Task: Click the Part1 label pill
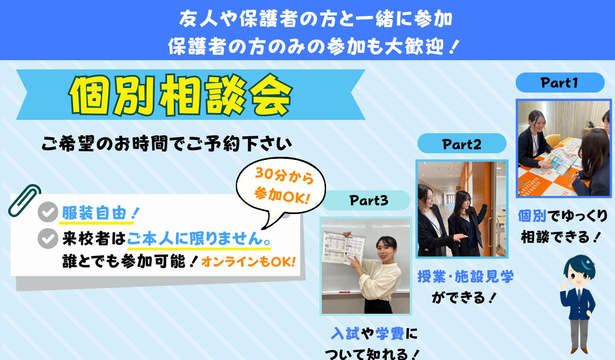(559, 82)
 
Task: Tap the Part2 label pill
(462, 143)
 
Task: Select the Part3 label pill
(366, 201)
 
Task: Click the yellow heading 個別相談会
(181, 95)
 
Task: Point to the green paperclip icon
(24, 201)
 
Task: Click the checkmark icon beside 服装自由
(48, 212)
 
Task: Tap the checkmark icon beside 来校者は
(48, 238)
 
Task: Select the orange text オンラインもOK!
(248, 262)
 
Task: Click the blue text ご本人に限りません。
(199, 238)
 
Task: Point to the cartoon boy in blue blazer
(578, 304)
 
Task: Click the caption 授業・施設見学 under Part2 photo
(465, 277)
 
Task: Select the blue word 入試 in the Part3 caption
(345, 334)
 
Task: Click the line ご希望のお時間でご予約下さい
(167, 144)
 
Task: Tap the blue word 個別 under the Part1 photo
(532, 215)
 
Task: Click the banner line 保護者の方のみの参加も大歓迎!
(313, 46)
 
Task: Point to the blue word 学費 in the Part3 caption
(390, 334)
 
